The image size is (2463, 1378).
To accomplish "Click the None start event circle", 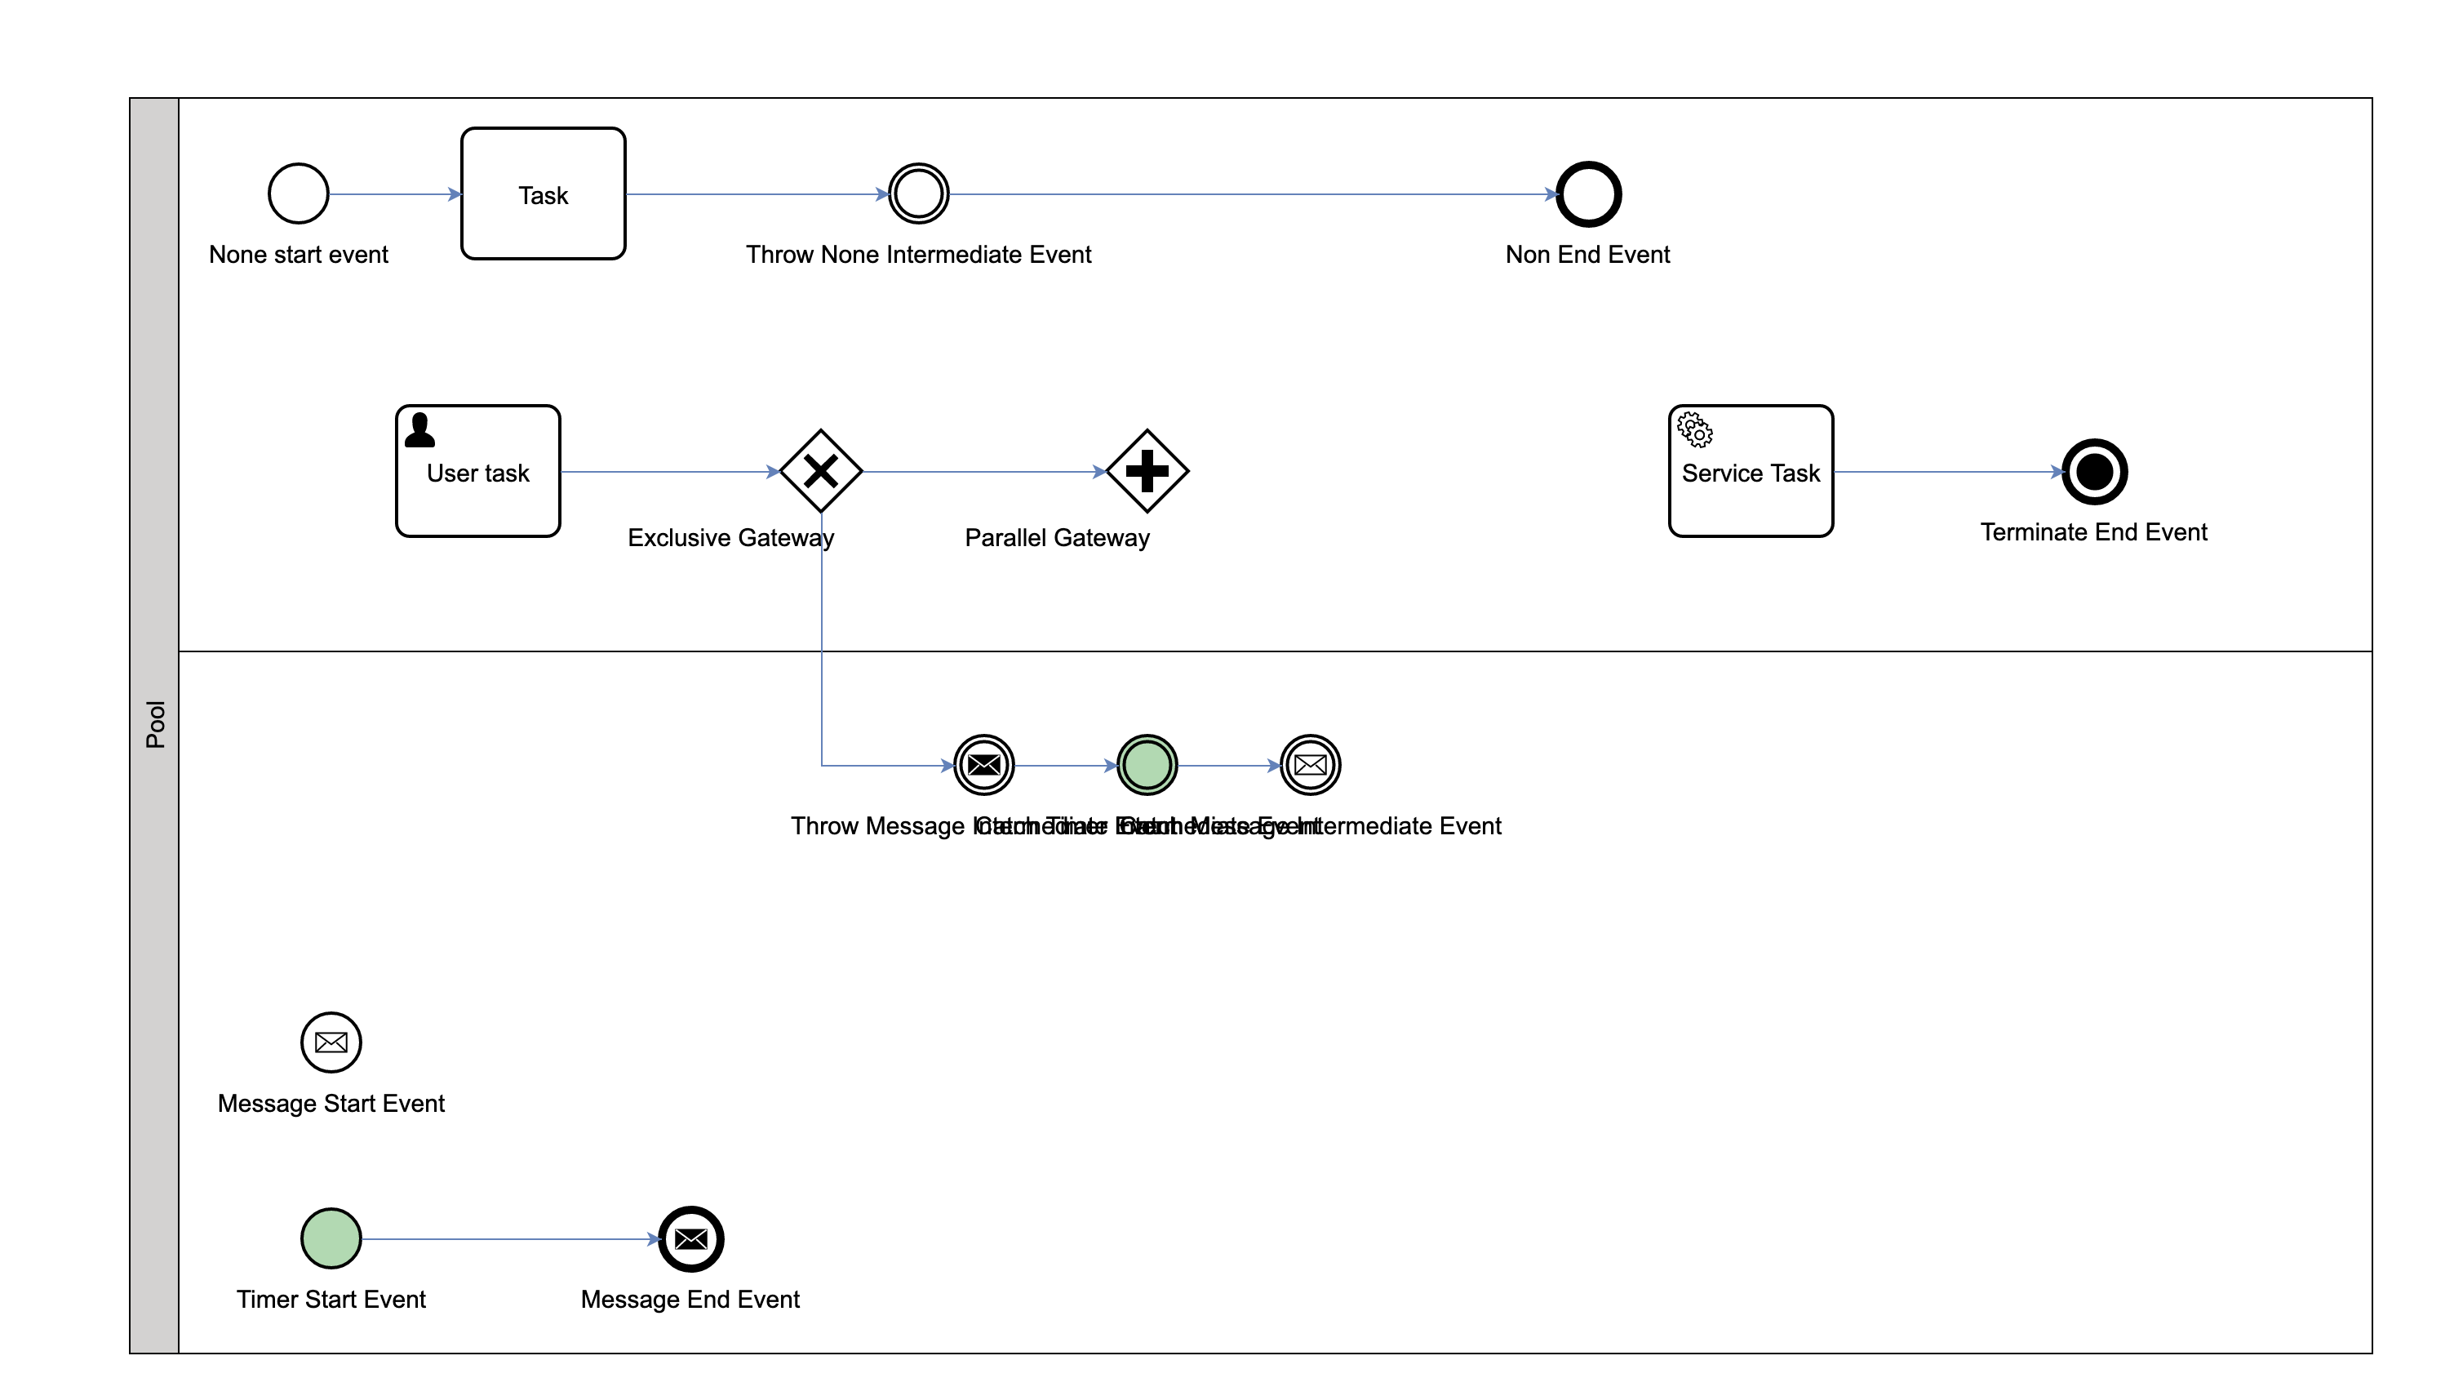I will coord(299,194).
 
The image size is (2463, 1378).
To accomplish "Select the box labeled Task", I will coord(543,194).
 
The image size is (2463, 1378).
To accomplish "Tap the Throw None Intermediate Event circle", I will coord(918,194).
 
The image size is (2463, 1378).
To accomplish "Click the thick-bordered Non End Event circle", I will coord(1588,194).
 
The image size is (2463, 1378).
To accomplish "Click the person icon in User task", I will coord(419,430).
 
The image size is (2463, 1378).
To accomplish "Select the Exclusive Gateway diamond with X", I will coord(820,472).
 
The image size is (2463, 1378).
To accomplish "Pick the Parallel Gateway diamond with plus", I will coord(1147,472).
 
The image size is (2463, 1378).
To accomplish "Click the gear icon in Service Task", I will coord(1695,430).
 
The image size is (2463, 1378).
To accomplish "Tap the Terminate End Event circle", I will coord(2094,472).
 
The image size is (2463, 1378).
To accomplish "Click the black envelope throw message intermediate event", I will coord(984,765).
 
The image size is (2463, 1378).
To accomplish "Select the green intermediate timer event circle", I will coord(1147,765).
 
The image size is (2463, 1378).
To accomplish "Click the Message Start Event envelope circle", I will coord(331,1042).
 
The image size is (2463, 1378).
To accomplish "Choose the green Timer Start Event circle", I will coord(331,1238).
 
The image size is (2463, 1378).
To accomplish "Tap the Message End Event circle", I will coord(690,1239).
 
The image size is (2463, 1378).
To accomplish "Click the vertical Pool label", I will coord(155,724).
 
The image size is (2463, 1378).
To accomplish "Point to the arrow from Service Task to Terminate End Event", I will coord(1946,472).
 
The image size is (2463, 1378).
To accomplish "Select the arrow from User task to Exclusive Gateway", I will coord(669,472).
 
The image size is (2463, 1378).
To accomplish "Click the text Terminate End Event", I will coord(2093,532).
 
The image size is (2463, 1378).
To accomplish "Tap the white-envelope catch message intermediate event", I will coord(1310,765).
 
